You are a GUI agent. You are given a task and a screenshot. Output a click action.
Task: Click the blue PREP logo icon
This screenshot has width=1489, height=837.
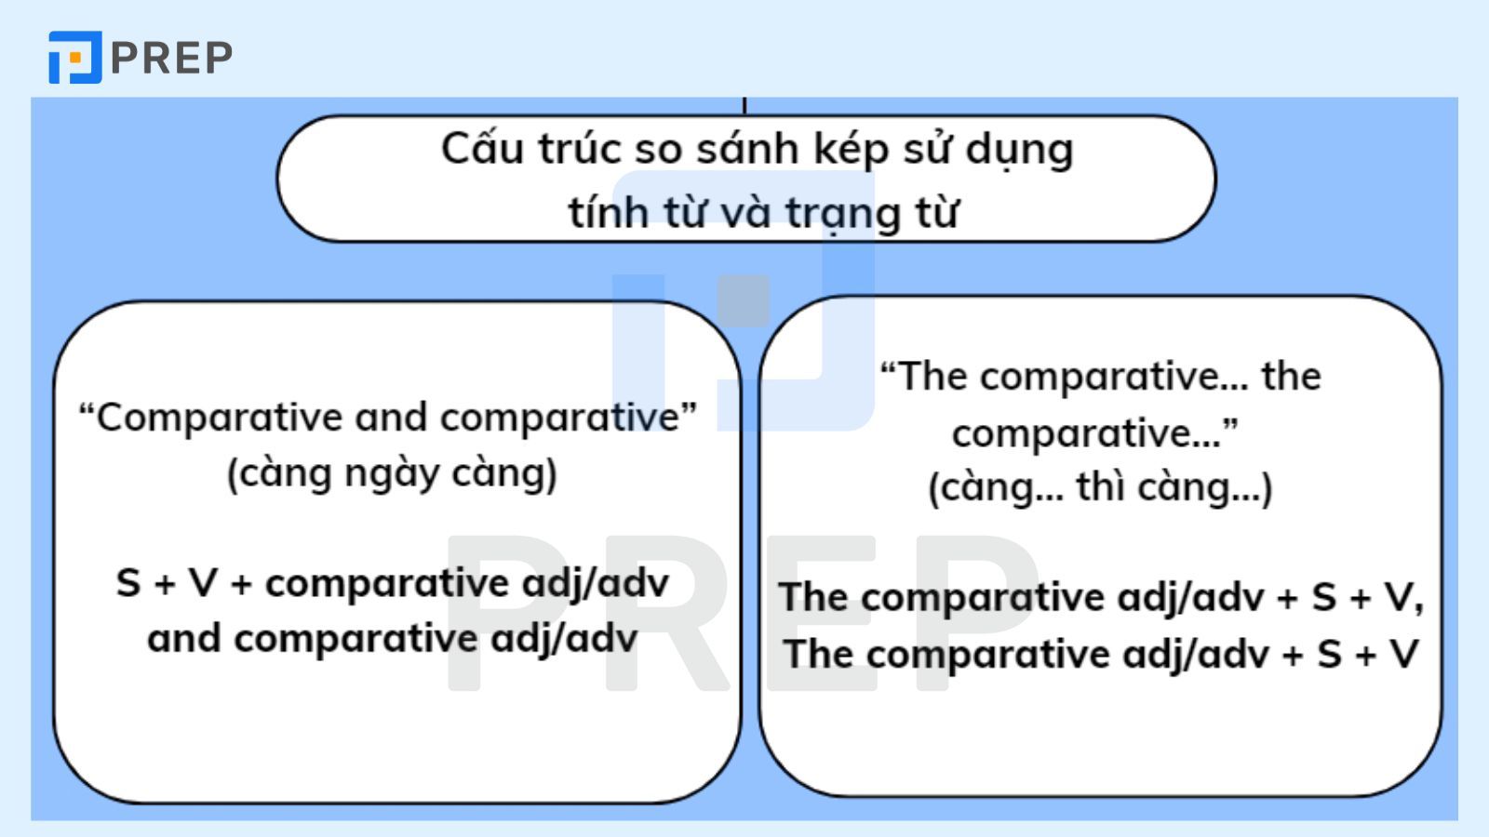pos(74,58)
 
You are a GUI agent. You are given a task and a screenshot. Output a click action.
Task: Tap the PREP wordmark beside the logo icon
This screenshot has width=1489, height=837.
pos(172,58)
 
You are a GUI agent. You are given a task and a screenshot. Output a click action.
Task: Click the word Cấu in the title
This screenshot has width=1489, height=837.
pos(481,149)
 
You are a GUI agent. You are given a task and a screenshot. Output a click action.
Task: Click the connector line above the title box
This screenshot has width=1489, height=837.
pos(745,104)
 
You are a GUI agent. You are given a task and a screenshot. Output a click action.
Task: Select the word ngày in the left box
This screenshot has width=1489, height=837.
pos(392,474)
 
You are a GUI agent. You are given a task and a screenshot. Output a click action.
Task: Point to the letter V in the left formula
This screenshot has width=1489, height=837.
pos(203,584)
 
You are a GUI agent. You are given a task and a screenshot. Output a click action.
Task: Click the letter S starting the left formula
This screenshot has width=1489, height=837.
pos(128,584)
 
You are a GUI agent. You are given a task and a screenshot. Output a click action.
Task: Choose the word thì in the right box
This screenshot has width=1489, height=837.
pos(1101,487)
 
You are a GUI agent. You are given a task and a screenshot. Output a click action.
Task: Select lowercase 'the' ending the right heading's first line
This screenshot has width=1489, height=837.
pos(1291,377)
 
